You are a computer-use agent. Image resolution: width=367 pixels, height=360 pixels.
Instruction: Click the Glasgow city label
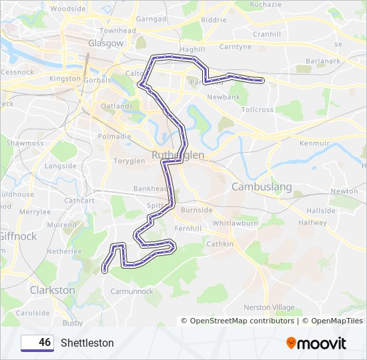(x=105, y=43)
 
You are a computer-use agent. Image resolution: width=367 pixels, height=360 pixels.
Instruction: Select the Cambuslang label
(x=262, y=187)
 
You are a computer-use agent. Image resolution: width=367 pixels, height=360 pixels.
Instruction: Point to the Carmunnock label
(x=132, y=291)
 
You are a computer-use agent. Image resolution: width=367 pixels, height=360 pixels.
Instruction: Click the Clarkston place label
(x=53, y=291)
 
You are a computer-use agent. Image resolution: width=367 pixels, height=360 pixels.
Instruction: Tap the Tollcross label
(x=258, y=109)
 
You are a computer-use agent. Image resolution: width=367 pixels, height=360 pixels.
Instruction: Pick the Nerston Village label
(x=269, y=307)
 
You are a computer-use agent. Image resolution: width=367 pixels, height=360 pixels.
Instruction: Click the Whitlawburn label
(x=235, y=224)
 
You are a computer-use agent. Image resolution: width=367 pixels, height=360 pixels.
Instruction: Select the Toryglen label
(x=129, y=161)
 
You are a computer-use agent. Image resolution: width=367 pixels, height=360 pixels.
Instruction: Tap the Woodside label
(x=68, y=9)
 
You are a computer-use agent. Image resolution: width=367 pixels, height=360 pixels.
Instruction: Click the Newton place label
(x=344, y=191)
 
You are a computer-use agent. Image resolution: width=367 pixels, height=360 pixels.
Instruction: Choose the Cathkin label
(x=221, y=244)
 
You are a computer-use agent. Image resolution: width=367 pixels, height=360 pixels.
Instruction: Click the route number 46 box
(x=37, y=343)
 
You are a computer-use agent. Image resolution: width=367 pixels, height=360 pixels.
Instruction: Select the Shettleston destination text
(x=87, y=343)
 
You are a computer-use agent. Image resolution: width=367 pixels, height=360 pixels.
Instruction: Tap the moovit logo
(x=316, y=343)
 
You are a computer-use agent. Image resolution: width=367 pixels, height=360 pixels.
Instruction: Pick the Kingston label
(x=65, y=79)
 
